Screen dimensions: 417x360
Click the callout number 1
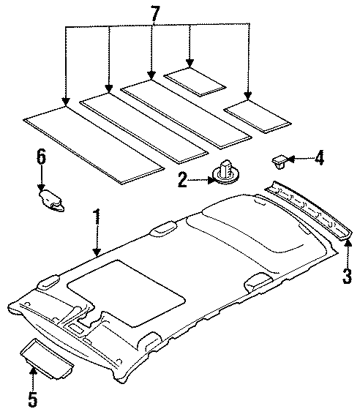pyautogui.click(x=95, y=217)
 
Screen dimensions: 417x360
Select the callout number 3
pyautogui.click(x=348, y=276)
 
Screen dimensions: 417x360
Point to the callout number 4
pyautogui.click(x=319, y=157)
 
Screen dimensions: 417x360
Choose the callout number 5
pyautogui.click(x=32, y=400)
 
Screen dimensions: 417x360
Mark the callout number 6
pyautogui.click(x=41, y=155)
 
